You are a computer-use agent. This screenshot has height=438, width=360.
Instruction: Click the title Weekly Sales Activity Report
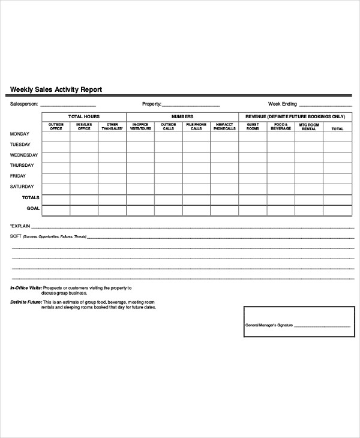click(x=56, y=89)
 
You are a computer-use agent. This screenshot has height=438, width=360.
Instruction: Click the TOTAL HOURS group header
click(x=84, y=116)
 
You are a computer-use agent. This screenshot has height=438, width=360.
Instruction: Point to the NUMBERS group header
click(x=182, y=116)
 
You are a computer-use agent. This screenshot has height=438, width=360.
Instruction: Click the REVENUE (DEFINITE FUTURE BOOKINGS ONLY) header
click(x=295, y=116)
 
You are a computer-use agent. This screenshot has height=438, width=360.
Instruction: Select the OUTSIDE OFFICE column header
click(x=56, y=127)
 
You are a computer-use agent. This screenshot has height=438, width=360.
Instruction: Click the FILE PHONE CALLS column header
click(x=196, y=127)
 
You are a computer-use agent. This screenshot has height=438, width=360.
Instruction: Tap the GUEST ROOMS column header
click(x=253, y=127)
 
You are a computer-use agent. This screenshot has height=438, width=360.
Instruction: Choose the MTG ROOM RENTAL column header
click(x=309, y=127)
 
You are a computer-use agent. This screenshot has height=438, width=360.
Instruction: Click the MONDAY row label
click(x=20, y=134)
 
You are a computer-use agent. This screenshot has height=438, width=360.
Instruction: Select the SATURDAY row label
click(x=22, y=187)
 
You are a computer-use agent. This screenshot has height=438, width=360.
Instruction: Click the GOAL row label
click(x=33, y=208)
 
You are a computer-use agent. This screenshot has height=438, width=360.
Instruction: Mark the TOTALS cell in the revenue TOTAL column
click(x=337, y=199)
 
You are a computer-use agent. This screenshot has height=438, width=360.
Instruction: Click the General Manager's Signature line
click(x=322, y=326)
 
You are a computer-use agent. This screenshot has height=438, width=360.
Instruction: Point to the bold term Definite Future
click(x=25, y=301)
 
